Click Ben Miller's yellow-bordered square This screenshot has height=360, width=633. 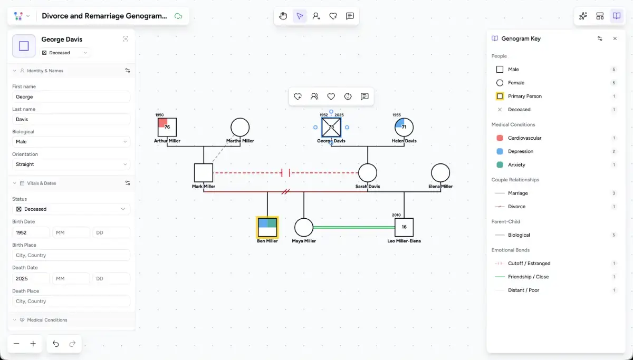point(267,227)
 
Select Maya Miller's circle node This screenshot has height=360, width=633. point(304,228)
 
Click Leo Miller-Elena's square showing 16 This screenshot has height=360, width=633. point(404,227)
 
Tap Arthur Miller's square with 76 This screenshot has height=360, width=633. point(167,127)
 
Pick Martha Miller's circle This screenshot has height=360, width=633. point(240,127)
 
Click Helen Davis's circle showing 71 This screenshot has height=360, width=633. point(404,127)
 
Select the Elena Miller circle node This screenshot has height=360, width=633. point(440,172)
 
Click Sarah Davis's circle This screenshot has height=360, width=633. point(368,172)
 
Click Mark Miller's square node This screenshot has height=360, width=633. point(204,172)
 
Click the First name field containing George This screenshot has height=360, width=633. point(71,97)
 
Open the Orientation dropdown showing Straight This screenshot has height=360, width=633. point(71,164)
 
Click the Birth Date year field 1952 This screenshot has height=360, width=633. point(31,232)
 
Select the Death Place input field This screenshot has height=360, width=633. point(71,301)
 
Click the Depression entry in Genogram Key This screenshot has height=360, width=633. point(520,151)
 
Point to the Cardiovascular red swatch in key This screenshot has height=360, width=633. point(500,138)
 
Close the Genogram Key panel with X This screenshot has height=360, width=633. point(615,38)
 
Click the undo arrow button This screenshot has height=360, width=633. point(56,344)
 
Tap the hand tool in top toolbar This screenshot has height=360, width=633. point(283,16)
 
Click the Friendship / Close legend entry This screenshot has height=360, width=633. point(528,277)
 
